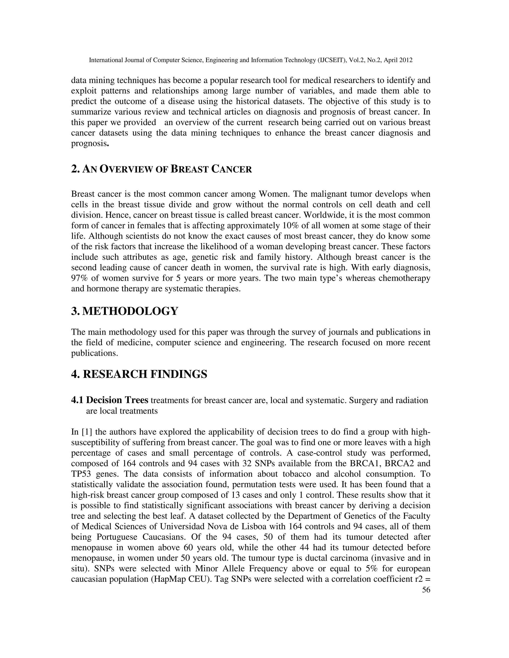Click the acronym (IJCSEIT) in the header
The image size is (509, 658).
333,60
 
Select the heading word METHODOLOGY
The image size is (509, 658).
130,311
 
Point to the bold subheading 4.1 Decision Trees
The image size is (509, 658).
110,400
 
